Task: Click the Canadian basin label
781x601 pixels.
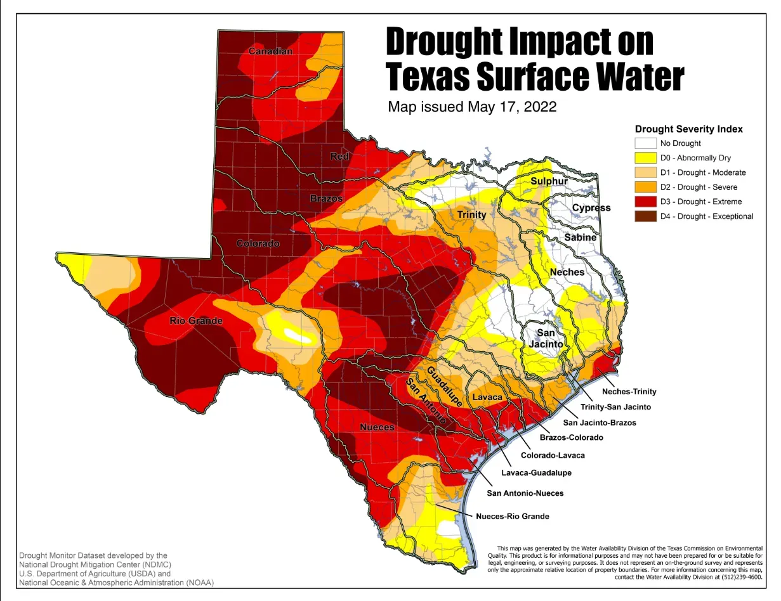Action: (x=270, y=51)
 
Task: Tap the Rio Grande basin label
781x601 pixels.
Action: (x=196, y=321)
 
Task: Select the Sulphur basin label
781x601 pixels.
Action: (x=549, y=181)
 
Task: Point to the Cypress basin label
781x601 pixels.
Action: (x=591, y=208)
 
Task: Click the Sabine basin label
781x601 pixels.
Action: (x=581, y=237)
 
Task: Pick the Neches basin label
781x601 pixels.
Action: (x=567, y=272)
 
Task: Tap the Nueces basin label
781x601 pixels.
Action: (x=377, y=427)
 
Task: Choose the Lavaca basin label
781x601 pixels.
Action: (x=487, y=397)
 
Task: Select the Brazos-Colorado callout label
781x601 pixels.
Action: (x=571, y=437)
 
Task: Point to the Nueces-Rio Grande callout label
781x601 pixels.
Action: (x=513, y=516)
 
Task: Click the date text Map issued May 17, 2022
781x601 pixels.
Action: (x=472, y=107)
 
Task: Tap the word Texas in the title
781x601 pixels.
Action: (x=428, y=77)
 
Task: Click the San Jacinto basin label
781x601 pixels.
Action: (x=546, y=339)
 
